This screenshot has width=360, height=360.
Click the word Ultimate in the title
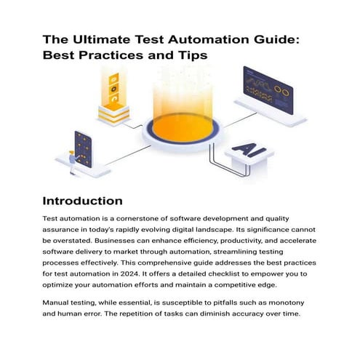coord(101,39)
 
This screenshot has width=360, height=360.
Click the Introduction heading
coord(82,201)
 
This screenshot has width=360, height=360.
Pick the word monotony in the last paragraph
coord(287,303)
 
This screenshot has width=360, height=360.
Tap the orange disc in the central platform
coord(183,128)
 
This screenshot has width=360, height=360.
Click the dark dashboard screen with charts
coord(268,90)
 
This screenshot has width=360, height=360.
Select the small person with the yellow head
coord(73,162)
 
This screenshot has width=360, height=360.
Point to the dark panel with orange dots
coord(83,150)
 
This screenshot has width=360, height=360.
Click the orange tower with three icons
coord(113,89)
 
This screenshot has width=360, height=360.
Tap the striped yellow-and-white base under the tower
coord(113,115)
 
